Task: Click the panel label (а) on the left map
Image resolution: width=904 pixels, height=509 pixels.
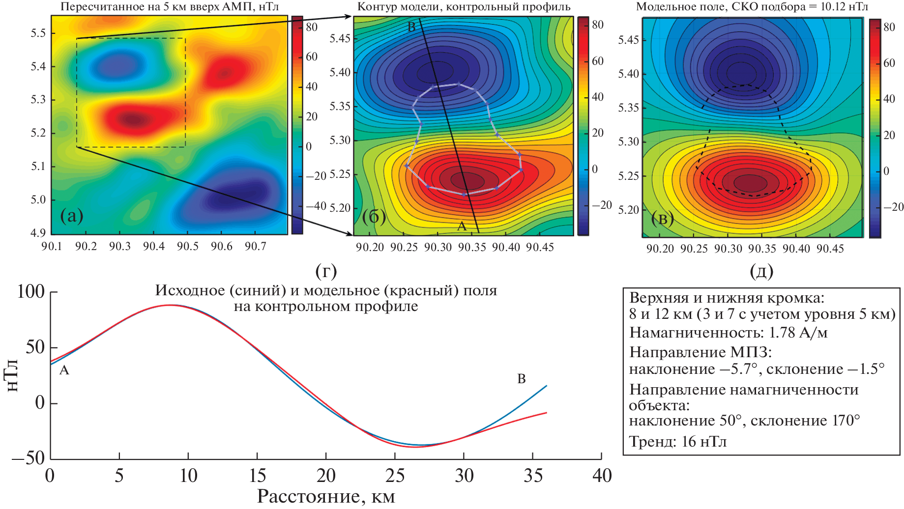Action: (72, 215)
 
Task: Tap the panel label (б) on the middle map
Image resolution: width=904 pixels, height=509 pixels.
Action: (374, 216)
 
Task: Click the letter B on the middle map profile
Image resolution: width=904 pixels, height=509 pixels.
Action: (412, 28)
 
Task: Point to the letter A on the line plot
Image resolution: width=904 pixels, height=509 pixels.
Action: (64, 370)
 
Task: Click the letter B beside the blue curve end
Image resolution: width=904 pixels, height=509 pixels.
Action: (522, 379)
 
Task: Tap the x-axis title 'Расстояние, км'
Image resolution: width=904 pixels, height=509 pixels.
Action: (326, 497)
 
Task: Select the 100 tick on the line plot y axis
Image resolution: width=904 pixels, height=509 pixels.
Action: (31, 291)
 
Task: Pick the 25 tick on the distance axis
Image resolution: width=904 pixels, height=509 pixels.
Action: (395, 476)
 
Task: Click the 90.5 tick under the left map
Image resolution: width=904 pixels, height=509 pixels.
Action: (188, 246)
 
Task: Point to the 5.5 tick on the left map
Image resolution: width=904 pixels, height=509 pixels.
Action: (38, 33)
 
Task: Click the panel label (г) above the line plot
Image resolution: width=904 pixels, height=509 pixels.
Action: (326, 271)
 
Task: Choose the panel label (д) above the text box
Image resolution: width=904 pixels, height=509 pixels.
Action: (761, 271)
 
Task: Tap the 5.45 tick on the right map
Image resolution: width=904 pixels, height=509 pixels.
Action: (628, 40)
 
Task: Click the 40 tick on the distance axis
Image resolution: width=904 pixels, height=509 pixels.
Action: (602, 476)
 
